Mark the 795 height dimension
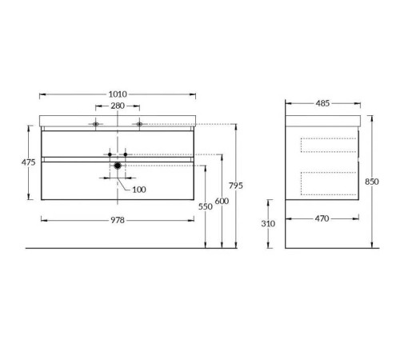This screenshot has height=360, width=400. tap(235, 186)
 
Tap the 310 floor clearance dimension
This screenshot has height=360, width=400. tap(267, 223)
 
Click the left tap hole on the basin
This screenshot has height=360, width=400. tap(96, 124)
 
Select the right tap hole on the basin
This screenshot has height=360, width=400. tap(139, 124)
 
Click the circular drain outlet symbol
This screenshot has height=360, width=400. tap(118, 166)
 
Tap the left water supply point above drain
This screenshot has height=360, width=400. tap(110, 153)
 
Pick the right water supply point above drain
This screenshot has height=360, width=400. tap(126, 153)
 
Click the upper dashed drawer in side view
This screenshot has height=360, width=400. tap(328, 144)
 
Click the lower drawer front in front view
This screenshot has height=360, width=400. tap(118, 180)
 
